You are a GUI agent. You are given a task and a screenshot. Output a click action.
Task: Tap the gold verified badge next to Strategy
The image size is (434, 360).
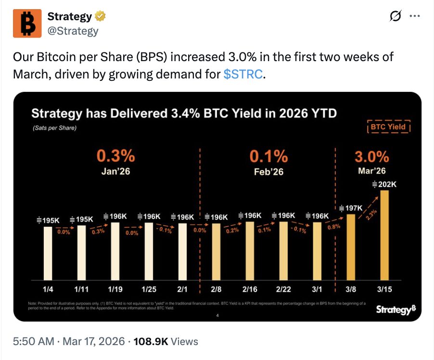pyautogui.click(x=100, y=16)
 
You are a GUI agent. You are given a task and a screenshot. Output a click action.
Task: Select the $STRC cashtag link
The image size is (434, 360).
pyautogui.click(x=243, y=75)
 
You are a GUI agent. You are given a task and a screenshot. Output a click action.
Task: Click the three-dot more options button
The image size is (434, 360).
pyautogui.click(x=414, y=16)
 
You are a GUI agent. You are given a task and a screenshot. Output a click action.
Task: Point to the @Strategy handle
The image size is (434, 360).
pyautogui.click(x=73, y=31)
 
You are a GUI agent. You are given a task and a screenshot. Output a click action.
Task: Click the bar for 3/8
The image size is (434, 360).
pyautogui.click(x=351, y=247)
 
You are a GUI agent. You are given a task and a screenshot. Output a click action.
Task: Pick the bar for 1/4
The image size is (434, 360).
pyautogui.click(x=48, y=253)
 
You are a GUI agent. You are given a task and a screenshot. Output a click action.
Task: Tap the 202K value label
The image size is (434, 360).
pyautogui.click(x=384, y=184)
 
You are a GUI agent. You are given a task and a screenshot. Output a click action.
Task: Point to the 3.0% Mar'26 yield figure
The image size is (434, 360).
pyautogui.click(x=371, y=157)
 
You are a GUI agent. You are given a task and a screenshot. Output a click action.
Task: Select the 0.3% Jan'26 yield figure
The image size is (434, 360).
pyautogui.click(x=115, y=156)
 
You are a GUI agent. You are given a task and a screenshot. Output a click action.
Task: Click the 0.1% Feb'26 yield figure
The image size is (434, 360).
pyautogui.click(x=268, y=156)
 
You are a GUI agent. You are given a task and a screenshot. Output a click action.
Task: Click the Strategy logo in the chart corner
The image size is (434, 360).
pyautogui.click(x=394, y=309)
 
